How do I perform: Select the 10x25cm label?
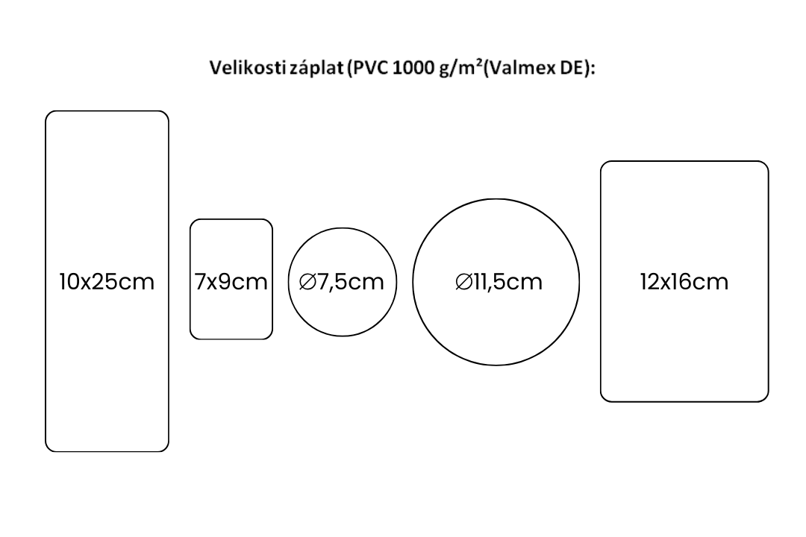click(x=107, y=282)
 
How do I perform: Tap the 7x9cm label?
click(x=231, y=282)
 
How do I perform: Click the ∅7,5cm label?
click(x=341, y=282)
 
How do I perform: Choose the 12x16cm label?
click(x=684, y=282)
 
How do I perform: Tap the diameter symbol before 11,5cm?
click(x=463, y=282)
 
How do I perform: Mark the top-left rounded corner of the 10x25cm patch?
click(x=50, y=116)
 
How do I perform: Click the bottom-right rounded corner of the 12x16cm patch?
click(x=764, y=398)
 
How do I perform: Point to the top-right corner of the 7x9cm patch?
click(x=269, y=223)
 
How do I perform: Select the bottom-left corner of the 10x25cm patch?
click(x=50, y=447)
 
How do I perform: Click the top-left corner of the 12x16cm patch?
click(x=605, y=166)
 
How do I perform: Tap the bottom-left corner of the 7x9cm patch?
click(x=194, y=335)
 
